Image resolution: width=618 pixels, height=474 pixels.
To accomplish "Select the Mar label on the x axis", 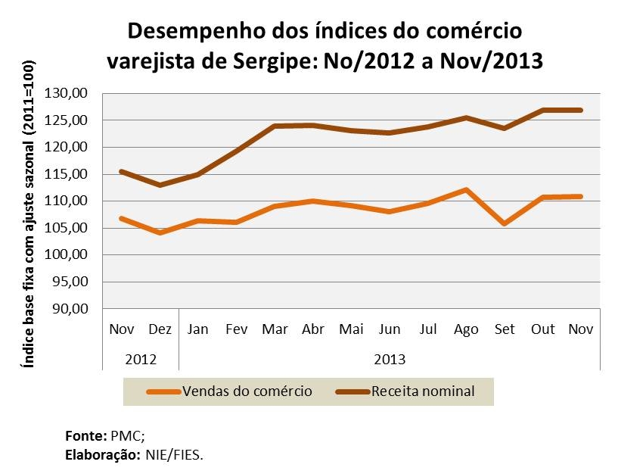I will (273, 329).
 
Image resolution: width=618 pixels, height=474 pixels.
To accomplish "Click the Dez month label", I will (160, 329).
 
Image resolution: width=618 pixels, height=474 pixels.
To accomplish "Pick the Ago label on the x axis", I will (466, 329).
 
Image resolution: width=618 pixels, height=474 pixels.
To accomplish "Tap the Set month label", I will (504, 329).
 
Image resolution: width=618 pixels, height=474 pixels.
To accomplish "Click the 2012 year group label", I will (140, 358).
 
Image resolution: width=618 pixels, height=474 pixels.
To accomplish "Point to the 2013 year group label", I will (390, 358).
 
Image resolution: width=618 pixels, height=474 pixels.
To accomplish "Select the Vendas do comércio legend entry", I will (246, 391).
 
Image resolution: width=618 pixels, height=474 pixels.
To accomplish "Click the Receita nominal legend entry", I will (422, 391).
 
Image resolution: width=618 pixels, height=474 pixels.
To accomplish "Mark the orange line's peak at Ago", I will (466, 189).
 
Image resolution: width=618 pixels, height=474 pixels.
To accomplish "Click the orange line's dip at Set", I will (504, 223).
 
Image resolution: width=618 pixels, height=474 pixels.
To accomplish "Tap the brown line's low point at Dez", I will (160, 185).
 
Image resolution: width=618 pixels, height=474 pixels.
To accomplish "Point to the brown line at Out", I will (542, 111).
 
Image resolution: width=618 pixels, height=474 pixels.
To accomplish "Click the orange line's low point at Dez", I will (160, 232).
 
